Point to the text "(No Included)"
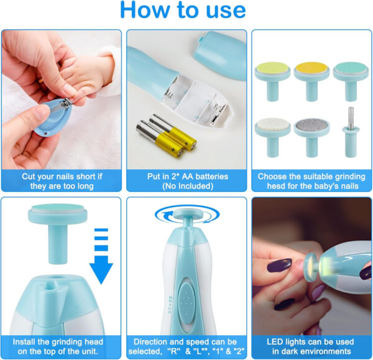tap(186, 186)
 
